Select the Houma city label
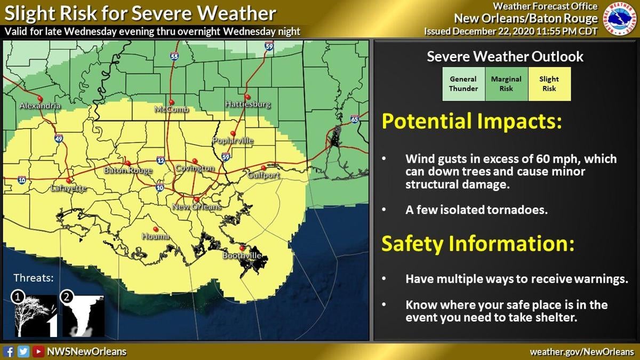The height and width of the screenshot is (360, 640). coord(155,236)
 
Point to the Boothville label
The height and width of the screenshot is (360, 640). coord(242,257)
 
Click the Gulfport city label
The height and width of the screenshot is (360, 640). coord(263,175)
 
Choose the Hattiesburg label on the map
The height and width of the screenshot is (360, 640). coord(247,104)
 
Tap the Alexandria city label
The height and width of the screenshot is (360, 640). coord(40,106)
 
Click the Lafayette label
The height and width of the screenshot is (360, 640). coord(68,188)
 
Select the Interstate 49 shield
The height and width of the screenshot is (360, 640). coord(58,139)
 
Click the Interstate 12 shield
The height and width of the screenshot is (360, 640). coord(161,160)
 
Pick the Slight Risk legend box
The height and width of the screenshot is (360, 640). coord(549,84)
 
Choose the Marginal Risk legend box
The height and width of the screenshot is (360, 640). coord(506,84)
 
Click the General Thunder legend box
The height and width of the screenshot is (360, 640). coord(463,84)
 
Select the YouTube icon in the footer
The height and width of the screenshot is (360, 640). coord(38,351)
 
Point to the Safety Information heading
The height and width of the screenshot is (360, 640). coord(477,244)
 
